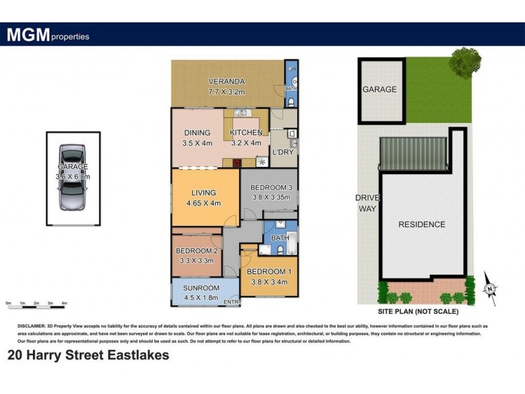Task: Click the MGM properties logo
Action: pyautogui.click(x=48, y=35)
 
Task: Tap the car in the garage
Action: pyautogui.click(x=72, y=177)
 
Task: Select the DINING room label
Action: pyautogui.click(x=197, y=133)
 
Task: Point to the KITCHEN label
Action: pyautogui.click(x=245, y=133)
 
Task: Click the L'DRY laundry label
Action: pyautogui.click(x=282, y=152)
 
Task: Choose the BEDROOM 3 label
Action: pyautogui.click(x=271, y=188)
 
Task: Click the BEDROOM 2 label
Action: pyautogui.click(x=197, y=251)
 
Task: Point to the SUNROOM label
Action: pyautogui.click(x=201, y=288)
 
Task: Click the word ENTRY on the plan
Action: pyautogui.click(x=232, y=302)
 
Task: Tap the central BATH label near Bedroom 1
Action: pyautogui.click(x=280, y=238)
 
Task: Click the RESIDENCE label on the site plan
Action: pyautogui.click(x=421, y=224)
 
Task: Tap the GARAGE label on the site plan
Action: pyautogui.click(x=380, y=89)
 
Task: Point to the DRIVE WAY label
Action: pyautogui.click(x=365, y=203)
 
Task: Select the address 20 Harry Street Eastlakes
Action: pyautogui.click(x=87, y=355)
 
